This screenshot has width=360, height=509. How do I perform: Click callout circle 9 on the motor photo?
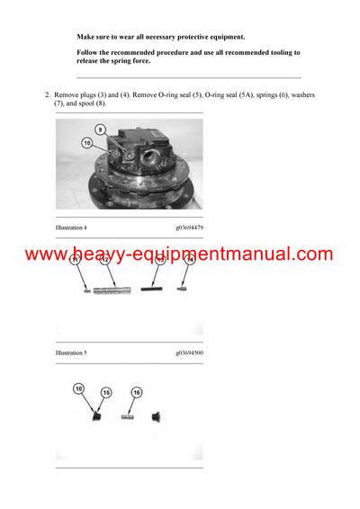click(102, 129)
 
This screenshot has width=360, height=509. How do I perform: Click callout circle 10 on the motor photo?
click(87, 142)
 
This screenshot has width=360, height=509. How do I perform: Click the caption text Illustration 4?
click(72, 228)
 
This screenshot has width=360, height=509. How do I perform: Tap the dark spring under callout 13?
click(157, 290)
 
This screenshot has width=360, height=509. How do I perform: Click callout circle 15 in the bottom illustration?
click(106, 393)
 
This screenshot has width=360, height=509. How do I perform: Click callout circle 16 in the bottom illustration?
click(137, 393)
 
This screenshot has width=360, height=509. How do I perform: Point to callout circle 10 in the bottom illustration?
click(78, 388)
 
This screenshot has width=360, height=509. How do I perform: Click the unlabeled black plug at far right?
click(158, 416)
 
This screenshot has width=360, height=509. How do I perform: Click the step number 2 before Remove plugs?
click(47, 94)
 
